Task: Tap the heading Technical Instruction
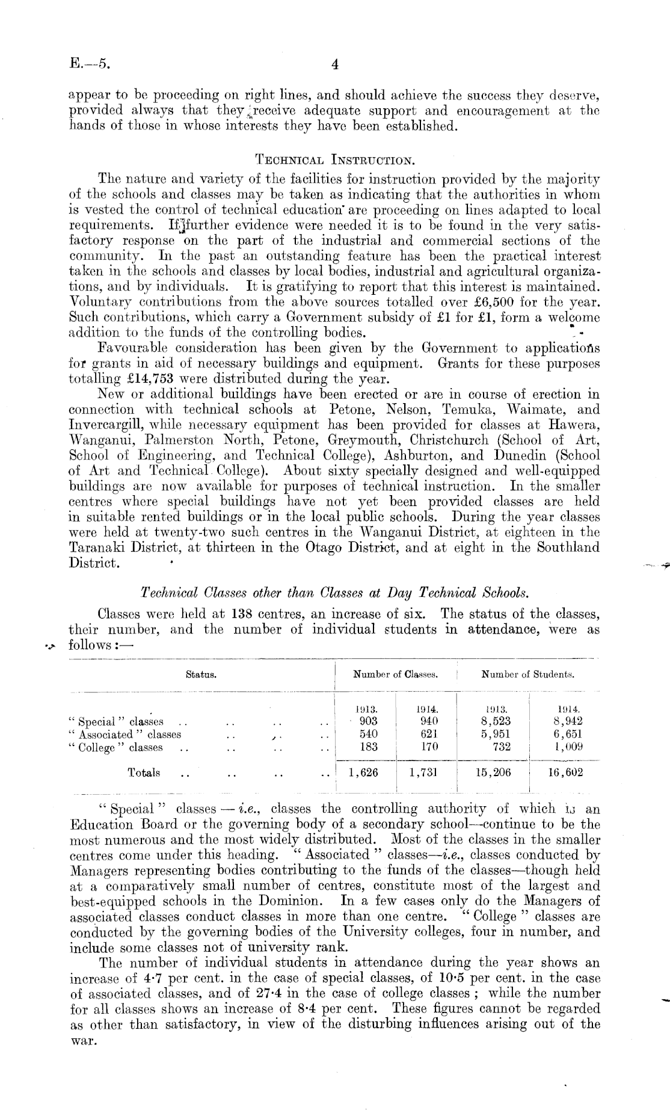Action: (334, 160)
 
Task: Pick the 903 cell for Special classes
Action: (368, 721)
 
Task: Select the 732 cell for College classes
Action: (501, 747)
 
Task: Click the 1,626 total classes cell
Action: (363, 772)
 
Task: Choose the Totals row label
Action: (144, 772)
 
